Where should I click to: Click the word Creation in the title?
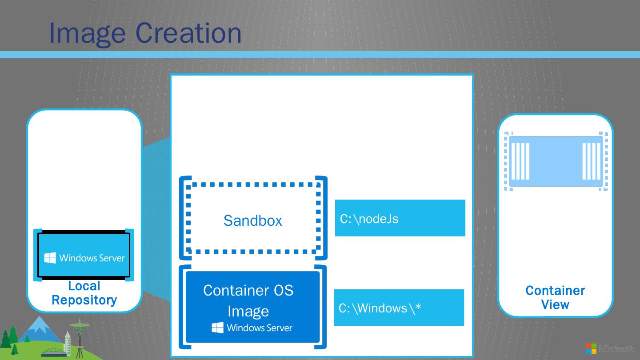tap(188, 33)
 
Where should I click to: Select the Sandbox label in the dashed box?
tap(252, 220)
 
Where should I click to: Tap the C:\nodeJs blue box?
tap(400, 218)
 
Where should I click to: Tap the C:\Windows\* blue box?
tap(399, 308)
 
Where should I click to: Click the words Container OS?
tap(248, 290)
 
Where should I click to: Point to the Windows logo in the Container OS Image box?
tap(217, 328)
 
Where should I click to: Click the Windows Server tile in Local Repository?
tap(84, 255)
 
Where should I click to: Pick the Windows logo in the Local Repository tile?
tap(50, 258)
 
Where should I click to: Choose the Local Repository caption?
tap(84, 293)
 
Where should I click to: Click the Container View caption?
tap(555, 297)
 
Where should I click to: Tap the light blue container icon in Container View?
tap(556, 161)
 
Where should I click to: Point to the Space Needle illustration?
tap(80, 338)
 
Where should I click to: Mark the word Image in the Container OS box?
tap(248, 311)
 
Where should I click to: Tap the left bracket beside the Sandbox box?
tap(183, 218)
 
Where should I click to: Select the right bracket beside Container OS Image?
tap(323, 307)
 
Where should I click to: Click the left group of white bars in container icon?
tap(520, 161)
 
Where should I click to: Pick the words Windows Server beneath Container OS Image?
tap(259, 328)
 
